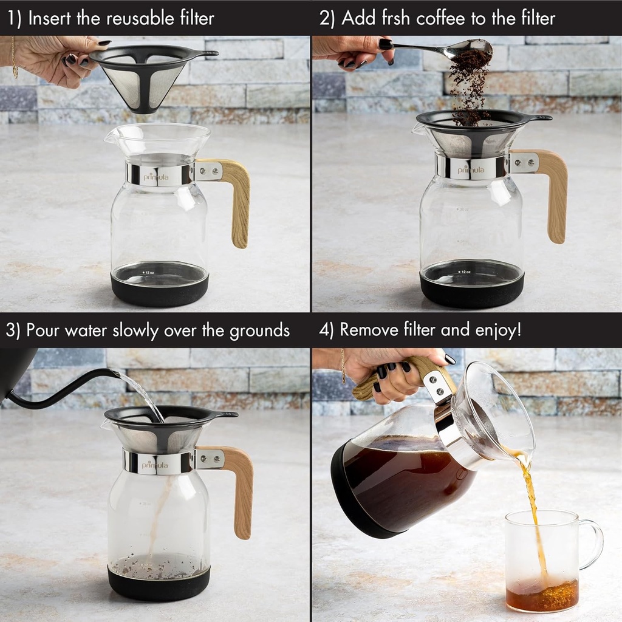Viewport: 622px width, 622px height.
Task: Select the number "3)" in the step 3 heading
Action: click(x=14, y=330)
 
